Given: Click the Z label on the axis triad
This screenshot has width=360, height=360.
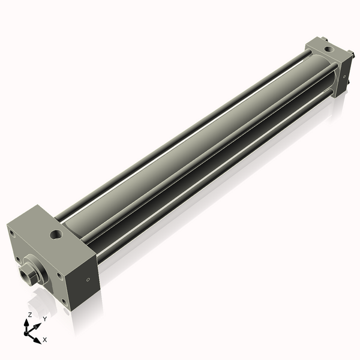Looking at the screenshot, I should pos(29,314).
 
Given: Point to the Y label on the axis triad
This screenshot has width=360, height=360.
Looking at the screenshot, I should pos(44,319).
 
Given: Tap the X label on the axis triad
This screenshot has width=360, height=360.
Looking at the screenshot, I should pos(45,340).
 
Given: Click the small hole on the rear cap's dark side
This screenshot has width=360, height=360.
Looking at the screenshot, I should pos(344,76).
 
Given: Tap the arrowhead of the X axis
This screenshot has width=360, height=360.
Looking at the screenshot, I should pos(39,337).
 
